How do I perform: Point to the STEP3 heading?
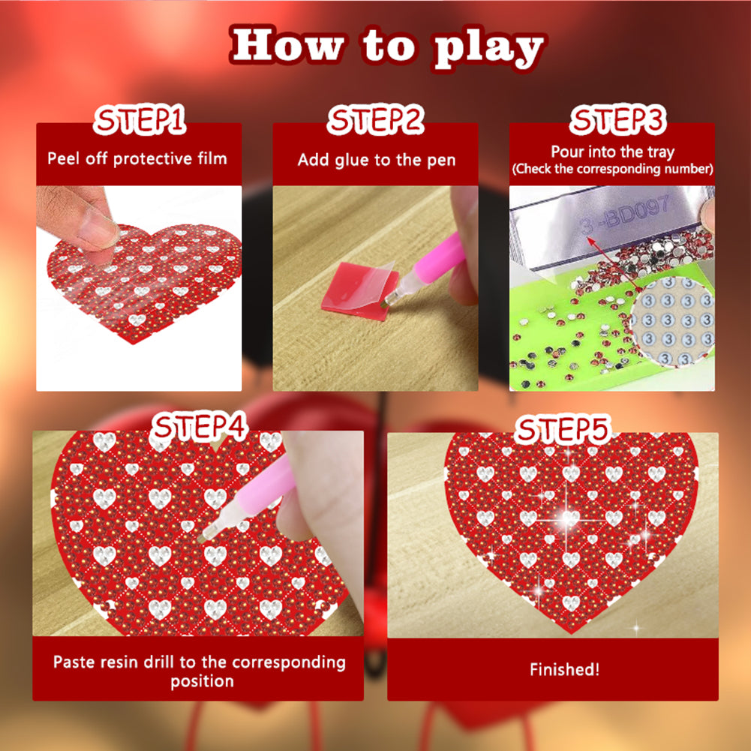pyautogui.click(x=611, y=120)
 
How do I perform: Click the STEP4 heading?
pyautogui.click(x=199, y=428)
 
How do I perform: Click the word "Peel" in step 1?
pyautogui.click(x=63, y=158)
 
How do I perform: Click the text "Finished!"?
pyautogui.click(x=564, y=670)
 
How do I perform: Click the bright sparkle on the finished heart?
pyautogui.click(x=569, y=518)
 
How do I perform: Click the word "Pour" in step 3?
pyautogui.click(x=568, y=152)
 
